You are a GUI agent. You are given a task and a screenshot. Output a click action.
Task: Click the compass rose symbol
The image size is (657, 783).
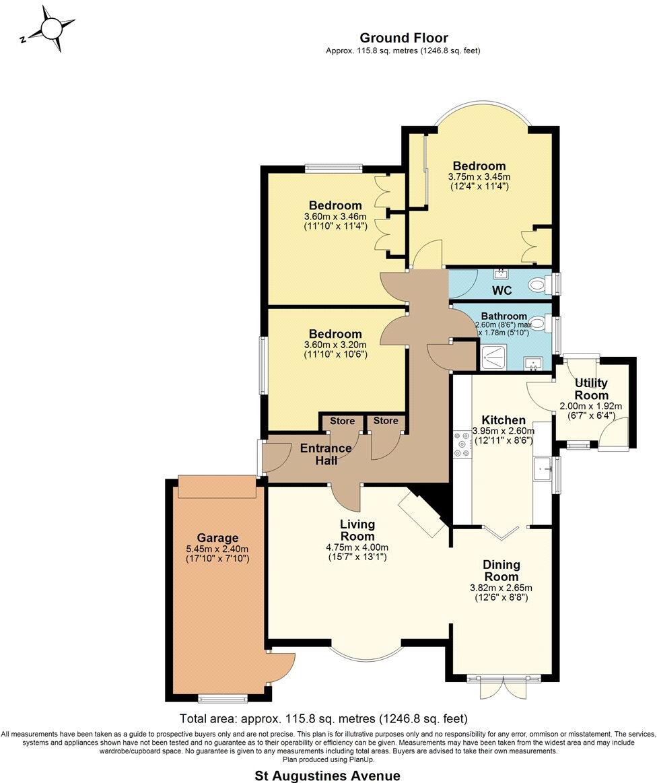[x=51, y=28]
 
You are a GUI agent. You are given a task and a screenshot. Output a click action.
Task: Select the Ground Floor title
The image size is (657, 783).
[x=403, y=38]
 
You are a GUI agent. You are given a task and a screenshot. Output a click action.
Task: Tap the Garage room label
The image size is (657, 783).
[x=217, y=538]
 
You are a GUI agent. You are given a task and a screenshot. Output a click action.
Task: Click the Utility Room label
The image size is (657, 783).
[x=591, y=389]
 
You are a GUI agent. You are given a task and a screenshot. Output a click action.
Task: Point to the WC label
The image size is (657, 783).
[x=502, y=291]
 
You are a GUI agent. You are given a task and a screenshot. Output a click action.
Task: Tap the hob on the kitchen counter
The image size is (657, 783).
[x=462, y=444]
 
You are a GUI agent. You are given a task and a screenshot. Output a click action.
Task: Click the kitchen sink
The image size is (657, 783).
[x=542, y=469]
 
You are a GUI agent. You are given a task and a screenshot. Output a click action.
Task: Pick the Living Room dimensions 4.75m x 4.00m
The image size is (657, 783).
[x=356, y=547]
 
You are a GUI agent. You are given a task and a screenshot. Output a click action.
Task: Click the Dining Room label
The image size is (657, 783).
[x=502, y=571]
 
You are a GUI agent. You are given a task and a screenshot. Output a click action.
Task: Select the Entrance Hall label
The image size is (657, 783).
[x=326, y=454]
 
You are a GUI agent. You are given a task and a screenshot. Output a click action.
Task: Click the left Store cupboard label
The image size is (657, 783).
[x=342, y=421]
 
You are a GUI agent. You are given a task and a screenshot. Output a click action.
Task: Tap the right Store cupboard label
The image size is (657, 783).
[x=386, y=421]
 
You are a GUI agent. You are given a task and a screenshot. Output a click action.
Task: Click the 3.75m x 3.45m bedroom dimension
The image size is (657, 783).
[x=479, y=177]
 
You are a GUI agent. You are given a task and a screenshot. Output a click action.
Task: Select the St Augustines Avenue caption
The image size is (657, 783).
[x=327, y=776]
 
